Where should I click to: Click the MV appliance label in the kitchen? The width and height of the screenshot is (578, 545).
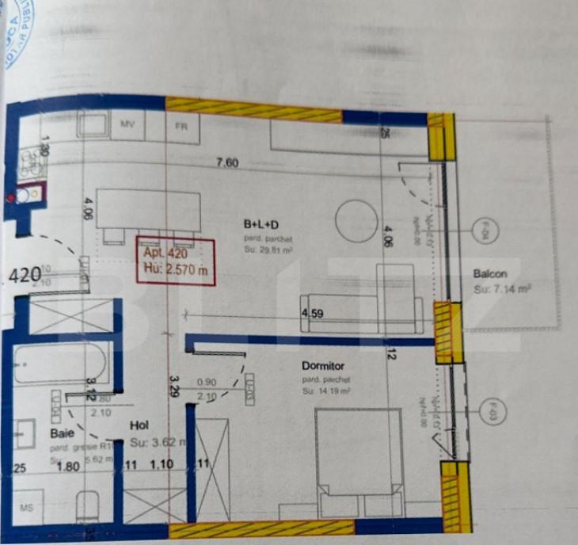pyautogui.click(x=127, y=124)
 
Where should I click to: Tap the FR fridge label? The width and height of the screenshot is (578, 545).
pyautogui.click(x=181, y=125)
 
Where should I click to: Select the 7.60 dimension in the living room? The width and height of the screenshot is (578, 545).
pyautogui.click(x=228, y=163)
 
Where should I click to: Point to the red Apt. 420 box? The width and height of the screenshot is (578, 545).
pyautogui.click(x=175, y=261)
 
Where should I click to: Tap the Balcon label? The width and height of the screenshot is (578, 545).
pyautogui.click(x=490, y=274)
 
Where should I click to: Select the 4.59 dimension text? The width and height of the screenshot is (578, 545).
pyautogui.click(x=311, y=314)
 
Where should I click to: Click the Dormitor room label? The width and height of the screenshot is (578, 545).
pyautogui.click(x=321, y=366)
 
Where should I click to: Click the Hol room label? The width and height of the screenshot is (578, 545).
pyautogui.click(x=139, y=425)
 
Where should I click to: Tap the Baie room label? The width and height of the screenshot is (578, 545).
pyautogui.click(x=63, y=434)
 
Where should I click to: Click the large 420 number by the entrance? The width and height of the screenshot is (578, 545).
pyautogui.click(x=25, y=276)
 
